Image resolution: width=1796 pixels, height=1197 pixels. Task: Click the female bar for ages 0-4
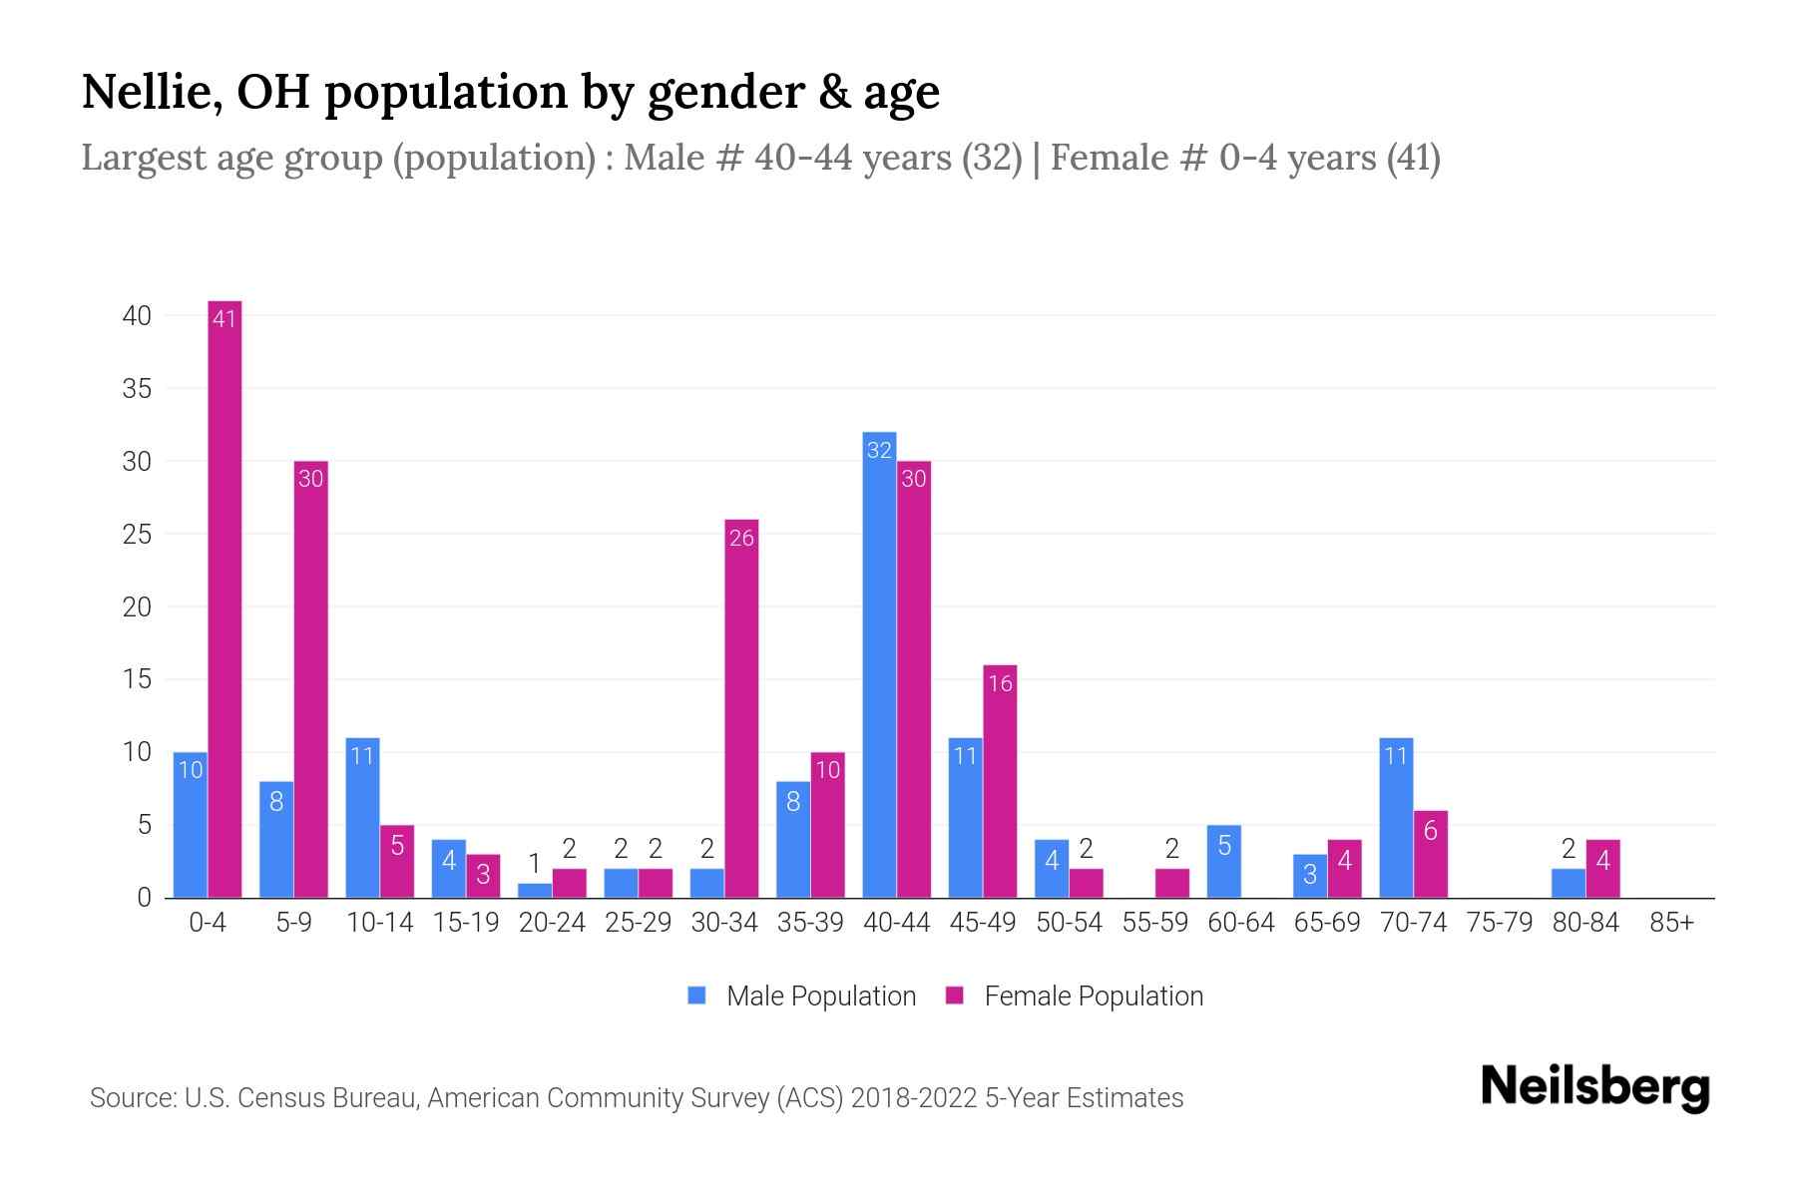(224, 598)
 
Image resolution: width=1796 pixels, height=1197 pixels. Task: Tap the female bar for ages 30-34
(741, 708)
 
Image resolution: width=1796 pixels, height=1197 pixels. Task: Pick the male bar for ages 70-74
(1396, 818)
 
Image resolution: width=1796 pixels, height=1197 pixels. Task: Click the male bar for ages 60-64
(1224, 862)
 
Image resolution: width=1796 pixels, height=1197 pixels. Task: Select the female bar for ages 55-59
(1172, 884)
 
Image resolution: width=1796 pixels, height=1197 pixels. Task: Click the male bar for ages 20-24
(535, 891)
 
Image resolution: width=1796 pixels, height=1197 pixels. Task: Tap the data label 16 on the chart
(1000, 683)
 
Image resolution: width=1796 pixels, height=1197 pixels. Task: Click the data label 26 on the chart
(741, 539)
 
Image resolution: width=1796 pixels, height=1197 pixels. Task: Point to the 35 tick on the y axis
(137, 389)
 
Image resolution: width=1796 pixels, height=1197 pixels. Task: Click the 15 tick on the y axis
(137, 680)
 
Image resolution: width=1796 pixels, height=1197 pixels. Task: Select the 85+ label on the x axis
(1671, 923)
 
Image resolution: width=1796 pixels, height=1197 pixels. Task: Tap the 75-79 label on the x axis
(1499, 923)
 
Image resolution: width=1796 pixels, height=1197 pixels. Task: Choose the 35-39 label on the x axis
(810, 923)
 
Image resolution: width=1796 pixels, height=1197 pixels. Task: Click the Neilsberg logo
(1594, 1087)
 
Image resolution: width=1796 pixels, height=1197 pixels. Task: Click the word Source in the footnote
(132, 1098)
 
